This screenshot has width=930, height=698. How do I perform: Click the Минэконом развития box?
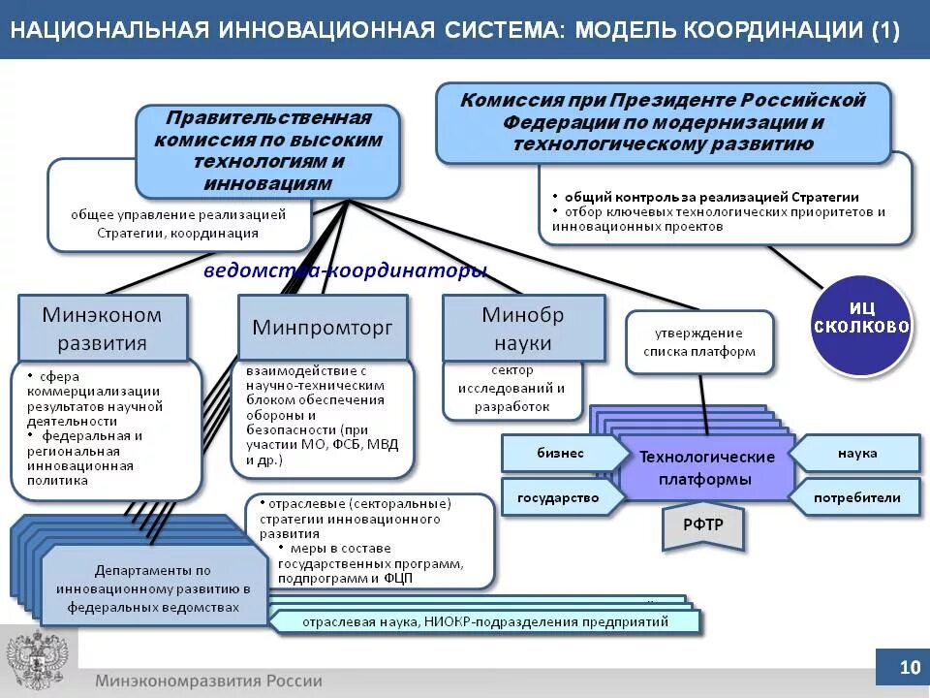click(x=103, y=329)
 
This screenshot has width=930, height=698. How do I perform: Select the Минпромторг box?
click(x=323, y=328)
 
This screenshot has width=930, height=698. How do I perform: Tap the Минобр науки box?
click(x=523, y=329)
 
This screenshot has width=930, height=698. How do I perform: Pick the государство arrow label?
click(x=559, y=498)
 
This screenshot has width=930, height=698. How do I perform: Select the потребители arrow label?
click(x=856, y=498)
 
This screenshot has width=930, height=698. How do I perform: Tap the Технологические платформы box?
click(x=706, y=468)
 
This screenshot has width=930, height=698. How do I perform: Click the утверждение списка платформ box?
click(x=699, y=342)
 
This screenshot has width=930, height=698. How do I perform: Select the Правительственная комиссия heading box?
click(x=268, y=151)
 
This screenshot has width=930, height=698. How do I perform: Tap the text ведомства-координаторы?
click(x=345, y=270)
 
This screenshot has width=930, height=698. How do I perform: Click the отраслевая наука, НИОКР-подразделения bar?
click(x=484, y=621)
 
